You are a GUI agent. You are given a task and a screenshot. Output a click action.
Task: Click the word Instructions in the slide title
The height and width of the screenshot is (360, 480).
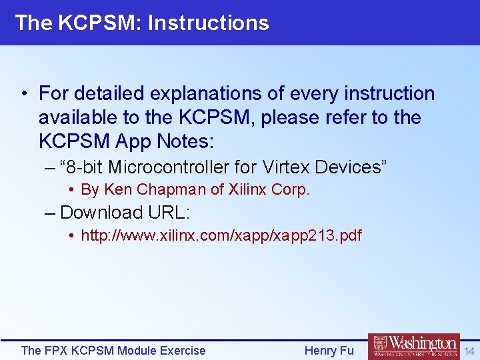[208, 23]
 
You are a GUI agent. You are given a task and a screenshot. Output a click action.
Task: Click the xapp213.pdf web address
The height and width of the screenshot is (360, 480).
[221, 235]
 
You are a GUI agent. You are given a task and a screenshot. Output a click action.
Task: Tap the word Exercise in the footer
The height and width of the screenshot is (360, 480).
[181, 350]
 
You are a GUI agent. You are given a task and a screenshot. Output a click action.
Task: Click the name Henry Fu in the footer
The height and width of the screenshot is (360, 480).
[329, 350]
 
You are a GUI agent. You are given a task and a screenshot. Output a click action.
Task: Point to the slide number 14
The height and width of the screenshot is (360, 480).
[469, 351]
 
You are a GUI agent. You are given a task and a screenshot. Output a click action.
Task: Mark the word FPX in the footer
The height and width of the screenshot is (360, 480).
[55, 350]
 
